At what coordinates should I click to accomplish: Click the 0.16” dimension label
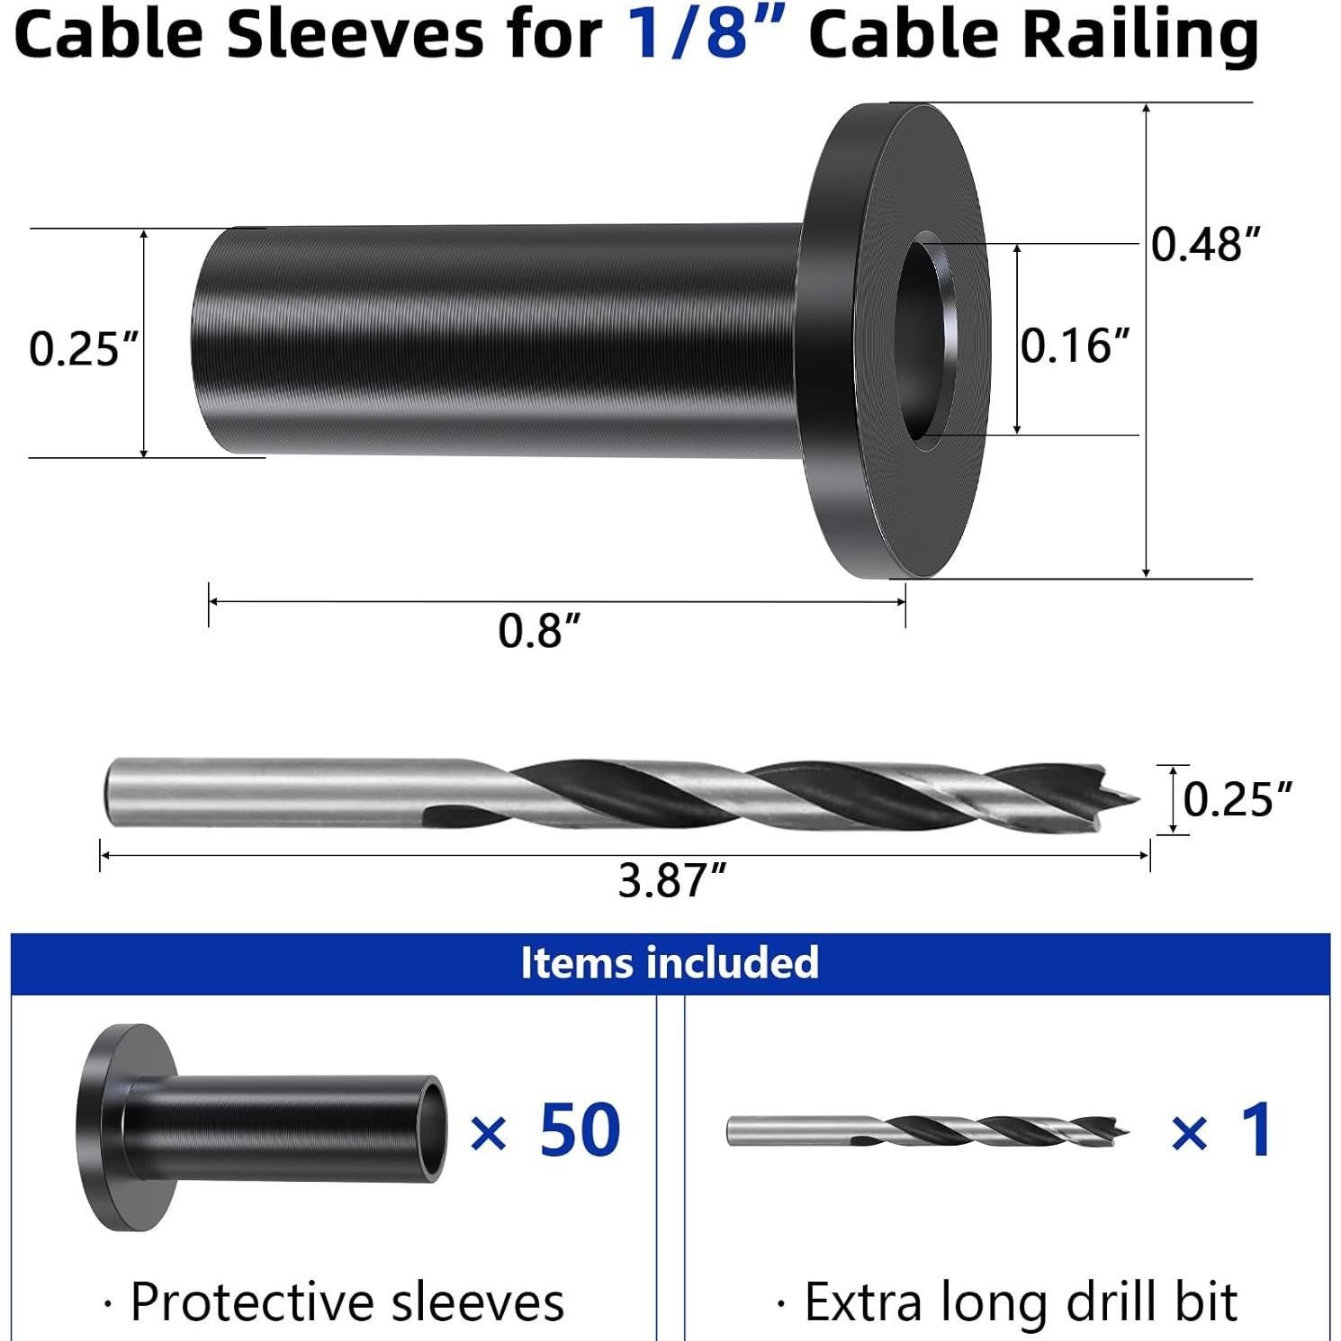click(x=1074, y=346)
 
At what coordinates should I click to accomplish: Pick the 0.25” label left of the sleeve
click(x=84, y=348)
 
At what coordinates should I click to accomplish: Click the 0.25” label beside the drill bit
click(x=1237, y=798)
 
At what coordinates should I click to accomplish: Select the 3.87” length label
click(x=671, y=880)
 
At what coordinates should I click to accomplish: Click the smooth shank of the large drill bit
click(x=270, y=792)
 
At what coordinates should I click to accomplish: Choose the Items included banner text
click(x=670, y=963)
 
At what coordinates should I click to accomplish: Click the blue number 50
click(x=580, y=1130)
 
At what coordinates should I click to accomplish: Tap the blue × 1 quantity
click(x=1222, y=1130)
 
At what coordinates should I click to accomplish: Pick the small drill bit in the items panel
click(x=927, y=1130)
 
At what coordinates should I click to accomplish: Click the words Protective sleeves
click(x=346, y=1301)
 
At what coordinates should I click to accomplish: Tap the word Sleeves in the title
click(x=355, y=36)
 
